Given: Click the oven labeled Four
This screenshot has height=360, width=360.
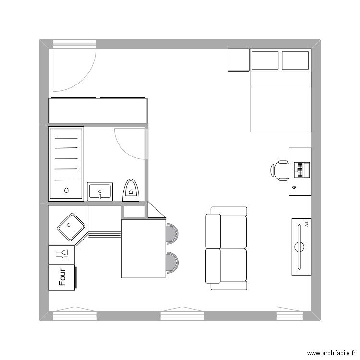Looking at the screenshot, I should click(x=62, y=277).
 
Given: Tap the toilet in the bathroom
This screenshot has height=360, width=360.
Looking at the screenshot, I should click(x=131, y=190).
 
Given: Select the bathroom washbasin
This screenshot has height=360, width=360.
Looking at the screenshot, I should click(x=100, y=191).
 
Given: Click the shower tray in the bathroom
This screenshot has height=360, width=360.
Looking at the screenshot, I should click(x=66, y=163).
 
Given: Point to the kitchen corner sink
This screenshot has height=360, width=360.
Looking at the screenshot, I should click(x=71, y=226).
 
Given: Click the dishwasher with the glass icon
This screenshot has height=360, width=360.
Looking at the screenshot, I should click(x=62, y=254).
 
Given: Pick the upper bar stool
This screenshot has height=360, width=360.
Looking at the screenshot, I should click(x=172, y=233).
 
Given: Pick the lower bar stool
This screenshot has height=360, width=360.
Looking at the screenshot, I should click(x=172, y=262).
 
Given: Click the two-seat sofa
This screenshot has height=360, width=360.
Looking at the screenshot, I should click(x=226, y=248).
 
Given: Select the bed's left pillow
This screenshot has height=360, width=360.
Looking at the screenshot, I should click(x=265, y=60).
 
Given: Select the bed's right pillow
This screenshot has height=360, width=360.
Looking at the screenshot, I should click(x=295, y=60).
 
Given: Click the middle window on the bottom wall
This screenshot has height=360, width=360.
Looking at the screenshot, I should click(x=182, y=315).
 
